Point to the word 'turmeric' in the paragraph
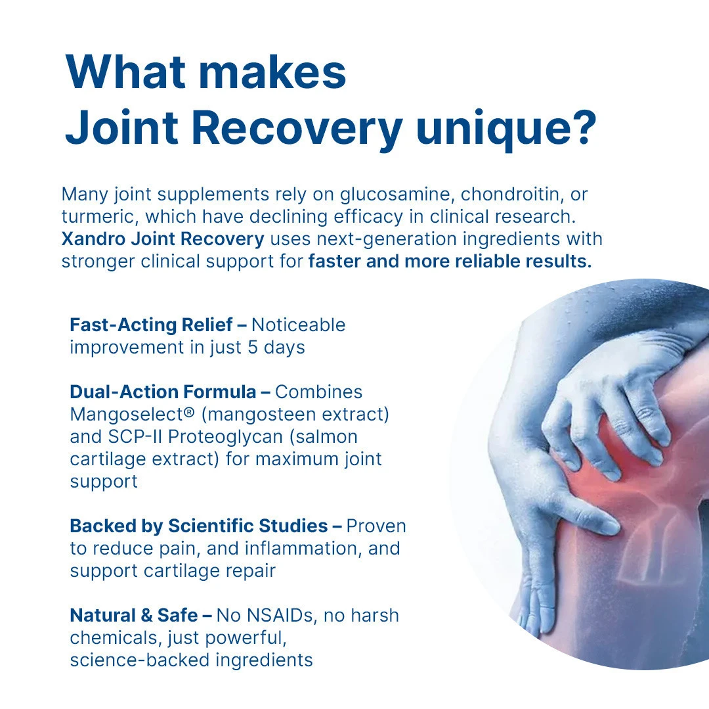100,217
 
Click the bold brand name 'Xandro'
93,239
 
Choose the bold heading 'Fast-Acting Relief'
151,325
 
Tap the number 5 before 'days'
252,348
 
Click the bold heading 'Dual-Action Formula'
163,392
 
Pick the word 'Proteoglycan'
225,438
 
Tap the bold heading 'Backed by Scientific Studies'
198,526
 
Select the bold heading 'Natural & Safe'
133,615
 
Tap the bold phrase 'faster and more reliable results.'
450,261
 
